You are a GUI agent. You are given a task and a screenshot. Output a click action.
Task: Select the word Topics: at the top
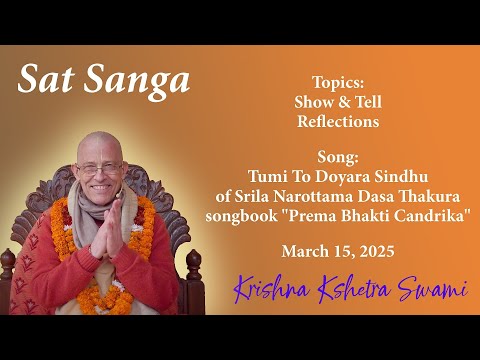(337, 82)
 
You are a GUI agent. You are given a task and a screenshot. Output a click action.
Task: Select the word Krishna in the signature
(268, 291)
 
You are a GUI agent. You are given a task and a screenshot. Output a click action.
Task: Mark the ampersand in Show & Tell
(338, 101)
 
